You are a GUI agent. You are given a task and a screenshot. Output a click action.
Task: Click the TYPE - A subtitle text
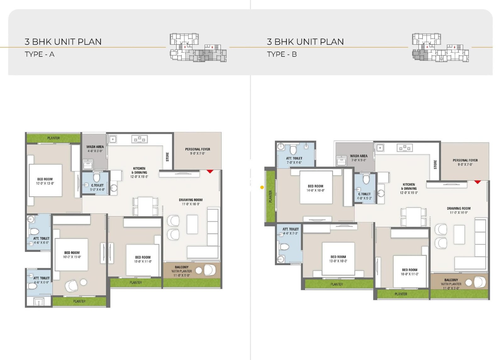pyautogui.click(x=40, y=54)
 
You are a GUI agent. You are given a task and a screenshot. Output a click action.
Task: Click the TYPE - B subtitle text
pyautogui.click(x=282, y=54)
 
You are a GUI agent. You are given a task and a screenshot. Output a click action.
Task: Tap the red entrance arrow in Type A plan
pyautogui.click(x=210, y=172)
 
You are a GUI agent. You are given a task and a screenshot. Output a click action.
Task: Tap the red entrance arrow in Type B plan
pyautogui.click(x=478, y=182)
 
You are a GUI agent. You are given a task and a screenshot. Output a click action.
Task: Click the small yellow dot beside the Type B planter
pyautogui.click(x=262, y=188)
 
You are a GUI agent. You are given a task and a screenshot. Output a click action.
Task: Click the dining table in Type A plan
pyautogui.click(x=145, y=206)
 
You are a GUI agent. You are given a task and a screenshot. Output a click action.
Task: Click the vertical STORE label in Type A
pyautogui.click(x=167, y=157)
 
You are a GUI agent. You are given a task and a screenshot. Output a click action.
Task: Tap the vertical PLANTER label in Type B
pyautogui.click(x=270, y=196)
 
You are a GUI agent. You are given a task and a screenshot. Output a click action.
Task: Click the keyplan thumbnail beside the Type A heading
pyautogui.click(x=198, y=47)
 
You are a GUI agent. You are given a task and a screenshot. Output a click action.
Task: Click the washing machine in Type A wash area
pyautogui.click(x=88, y=164)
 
